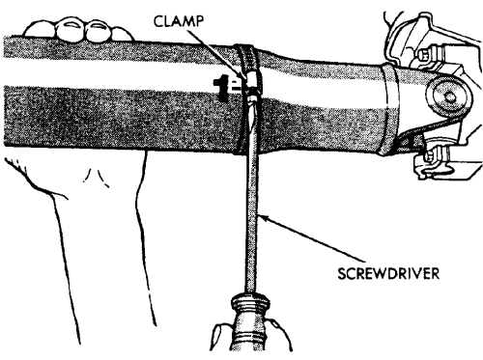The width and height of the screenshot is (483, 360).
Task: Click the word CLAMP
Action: point(178,21)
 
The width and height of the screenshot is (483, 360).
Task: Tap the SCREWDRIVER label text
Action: point(388,274)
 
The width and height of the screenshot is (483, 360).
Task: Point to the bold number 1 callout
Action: point(220,88)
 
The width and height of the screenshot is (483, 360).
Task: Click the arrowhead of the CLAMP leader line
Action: point(243,76)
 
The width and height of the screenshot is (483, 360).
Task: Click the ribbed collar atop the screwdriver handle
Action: point(249,303)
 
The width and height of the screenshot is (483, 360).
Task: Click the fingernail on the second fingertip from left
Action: point(71,26)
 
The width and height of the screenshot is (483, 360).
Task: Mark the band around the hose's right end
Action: point(389,109)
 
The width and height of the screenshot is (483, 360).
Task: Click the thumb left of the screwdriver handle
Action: point(219,336)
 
